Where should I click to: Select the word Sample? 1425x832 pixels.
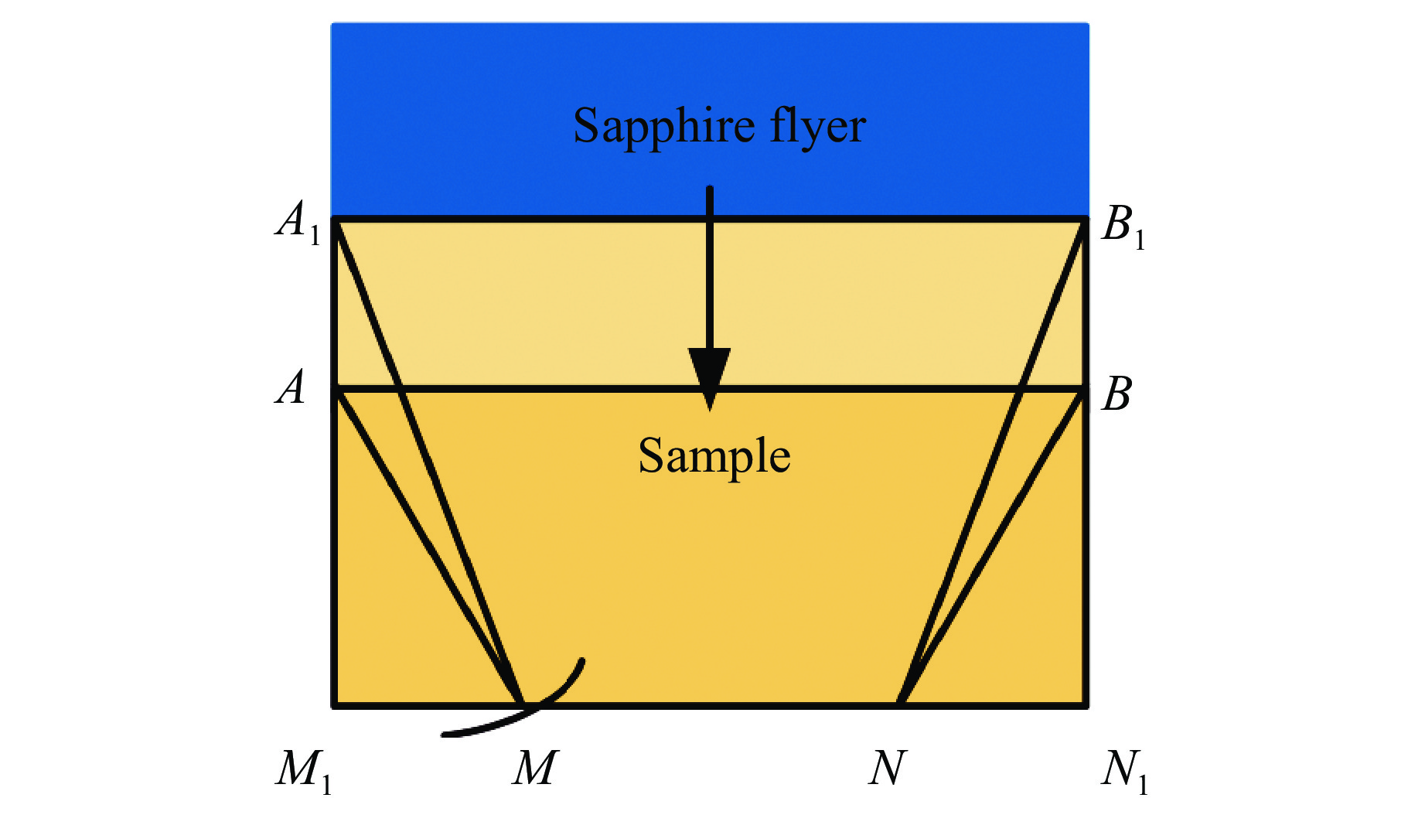[x=714, y=455]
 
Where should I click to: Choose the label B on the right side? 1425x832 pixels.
[x=1116, y=394]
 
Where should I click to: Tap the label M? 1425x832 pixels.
[x=534, y=769]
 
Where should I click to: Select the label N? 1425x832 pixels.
[x=886, y=769]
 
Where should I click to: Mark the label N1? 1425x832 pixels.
[x=1123, y=771]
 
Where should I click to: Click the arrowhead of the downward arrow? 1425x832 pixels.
[x=709, y=375]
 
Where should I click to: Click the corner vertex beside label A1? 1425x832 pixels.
[x=335, y=220]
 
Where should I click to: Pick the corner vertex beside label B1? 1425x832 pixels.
[x=1086, y=220]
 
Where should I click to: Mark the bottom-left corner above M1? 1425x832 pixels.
[x=335, y=704]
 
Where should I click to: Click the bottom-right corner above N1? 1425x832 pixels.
[x=1086, y=704]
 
